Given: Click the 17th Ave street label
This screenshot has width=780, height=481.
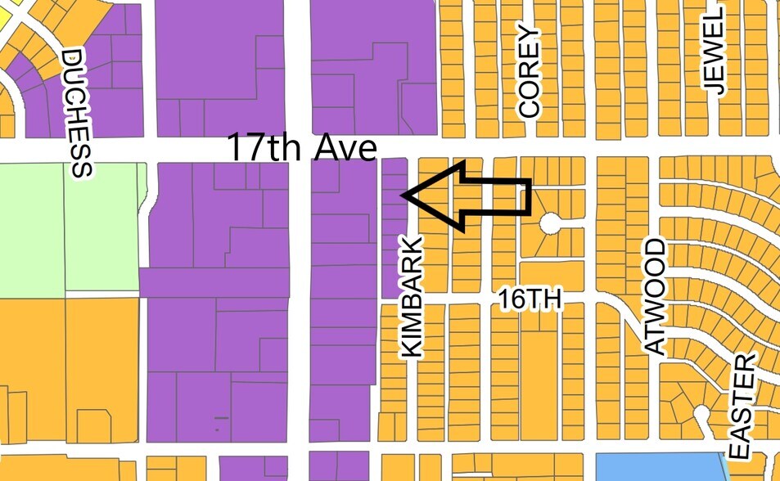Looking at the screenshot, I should point(301,149).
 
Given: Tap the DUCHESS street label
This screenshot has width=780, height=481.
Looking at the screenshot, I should point(77,113).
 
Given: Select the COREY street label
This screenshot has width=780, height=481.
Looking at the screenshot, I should point(530,72).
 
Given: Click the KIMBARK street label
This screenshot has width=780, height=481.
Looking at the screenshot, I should point(412,297).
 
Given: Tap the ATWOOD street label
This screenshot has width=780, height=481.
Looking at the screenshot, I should point(656,297).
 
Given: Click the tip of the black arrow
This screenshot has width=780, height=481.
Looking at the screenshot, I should point(403,195).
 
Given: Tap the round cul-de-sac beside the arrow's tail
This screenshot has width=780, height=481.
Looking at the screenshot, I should point(548,222).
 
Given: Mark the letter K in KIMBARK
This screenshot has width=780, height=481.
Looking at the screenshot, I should point(412,345).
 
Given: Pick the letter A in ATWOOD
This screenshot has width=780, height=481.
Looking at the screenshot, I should point(656,344).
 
